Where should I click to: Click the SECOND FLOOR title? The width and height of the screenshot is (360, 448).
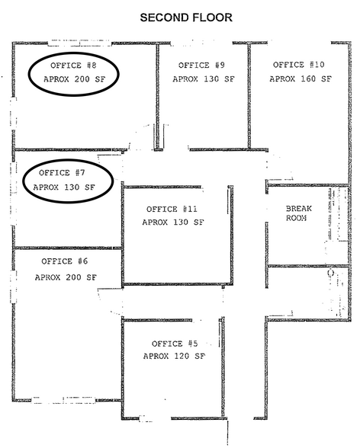pos(186,18)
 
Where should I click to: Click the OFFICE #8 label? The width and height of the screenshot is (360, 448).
pos(73,66)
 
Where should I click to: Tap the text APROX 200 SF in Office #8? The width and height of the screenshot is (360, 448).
pos(74,79)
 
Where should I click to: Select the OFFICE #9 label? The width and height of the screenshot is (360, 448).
pos(201,66)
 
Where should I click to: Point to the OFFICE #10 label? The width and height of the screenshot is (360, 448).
pos(298,65)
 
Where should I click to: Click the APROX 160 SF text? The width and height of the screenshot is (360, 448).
pos(301,78)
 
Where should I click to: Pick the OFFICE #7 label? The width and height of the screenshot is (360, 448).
pos(62,172)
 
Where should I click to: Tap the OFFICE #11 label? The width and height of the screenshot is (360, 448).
pos(172,209)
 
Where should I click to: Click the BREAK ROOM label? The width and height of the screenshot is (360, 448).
pos(298,213)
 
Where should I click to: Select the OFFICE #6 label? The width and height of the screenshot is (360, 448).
pos(65,261)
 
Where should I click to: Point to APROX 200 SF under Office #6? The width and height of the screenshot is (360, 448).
pos(66,277)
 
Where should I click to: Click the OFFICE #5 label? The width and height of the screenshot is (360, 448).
pos(175,344)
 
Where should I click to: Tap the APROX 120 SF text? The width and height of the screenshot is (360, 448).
pos(174,356)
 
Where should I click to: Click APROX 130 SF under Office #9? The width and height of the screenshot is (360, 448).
pos(204,79)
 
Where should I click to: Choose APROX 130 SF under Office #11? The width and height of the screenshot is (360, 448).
pos(173,222)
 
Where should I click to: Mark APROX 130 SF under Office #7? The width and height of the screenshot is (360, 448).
pos(64,187)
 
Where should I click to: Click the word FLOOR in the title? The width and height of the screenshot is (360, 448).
pos(212,18)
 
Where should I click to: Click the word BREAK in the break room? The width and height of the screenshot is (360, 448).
pos(298,209)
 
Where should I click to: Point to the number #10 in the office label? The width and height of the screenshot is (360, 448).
pos(317,65)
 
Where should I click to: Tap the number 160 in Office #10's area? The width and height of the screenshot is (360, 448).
pos(308,78)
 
